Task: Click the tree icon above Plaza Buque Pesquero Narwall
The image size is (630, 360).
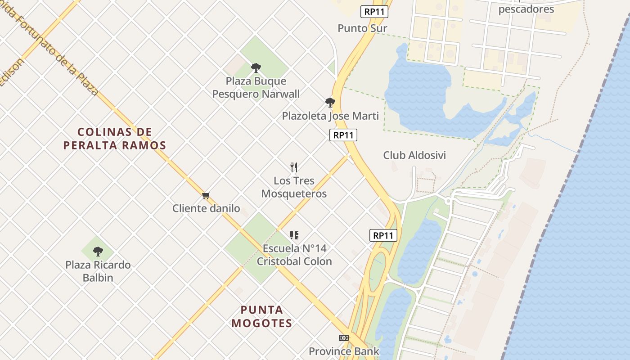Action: tap(256, 68)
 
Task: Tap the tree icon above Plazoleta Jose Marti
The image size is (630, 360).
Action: tap(330, 103)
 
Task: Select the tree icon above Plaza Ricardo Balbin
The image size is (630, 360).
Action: tap(98, 252)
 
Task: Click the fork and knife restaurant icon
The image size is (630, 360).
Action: tap(294, 167)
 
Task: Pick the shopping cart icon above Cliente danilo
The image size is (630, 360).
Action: tap(206, 195)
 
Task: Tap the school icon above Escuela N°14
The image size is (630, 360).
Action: tap(294, 235)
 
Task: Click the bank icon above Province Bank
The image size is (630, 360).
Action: tap(344, 338)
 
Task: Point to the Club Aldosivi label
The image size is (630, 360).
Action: tap(414, 155)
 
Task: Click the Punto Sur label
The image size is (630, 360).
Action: tap(362, 28)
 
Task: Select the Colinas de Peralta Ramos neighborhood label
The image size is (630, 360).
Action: tap(115, 139)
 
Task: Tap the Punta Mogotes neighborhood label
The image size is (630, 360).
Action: tap(262, 316)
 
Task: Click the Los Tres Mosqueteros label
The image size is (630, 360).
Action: tap(294, 187)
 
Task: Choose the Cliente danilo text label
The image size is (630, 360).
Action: tap(206, 208)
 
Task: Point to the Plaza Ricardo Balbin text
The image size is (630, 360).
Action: tap(98, 271)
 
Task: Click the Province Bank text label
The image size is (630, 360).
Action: tap(344, 351)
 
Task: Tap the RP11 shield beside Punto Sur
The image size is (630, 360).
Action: tap(374, 12)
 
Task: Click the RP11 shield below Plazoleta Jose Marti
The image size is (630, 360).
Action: tap(343, 135)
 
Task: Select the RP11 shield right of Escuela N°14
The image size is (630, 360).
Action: tap(383, 235)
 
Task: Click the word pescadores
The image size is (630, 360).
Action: tap(526, 9)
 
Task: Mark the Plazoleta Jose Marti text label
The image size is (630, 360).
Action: tap(330, 116)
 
